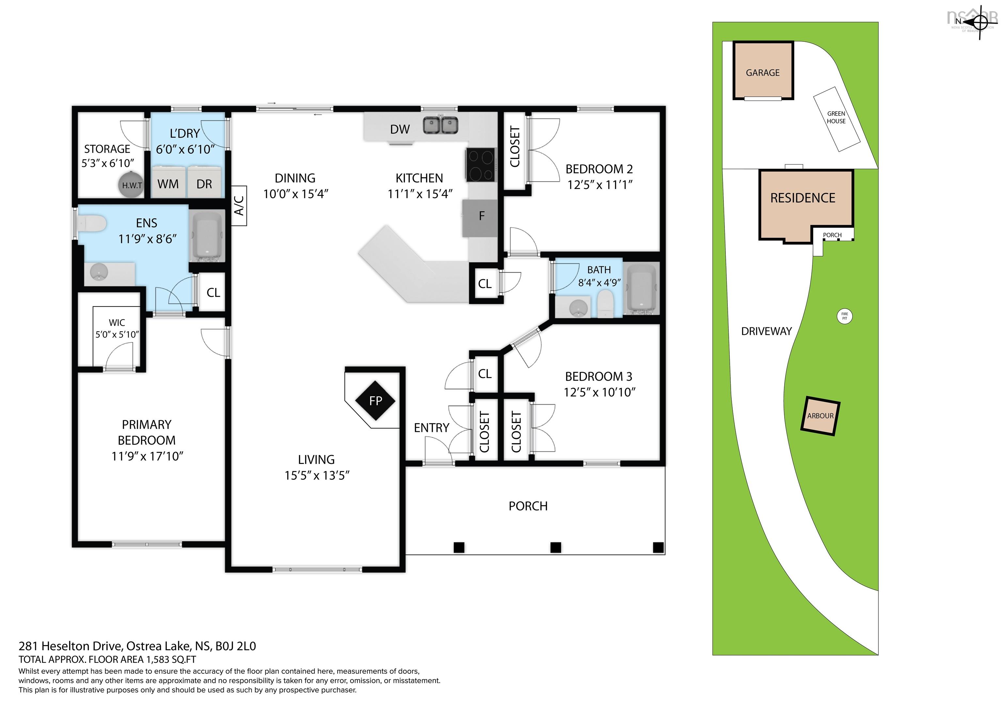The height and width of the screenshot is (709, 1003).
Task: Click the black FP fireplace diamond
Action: coord(375,400)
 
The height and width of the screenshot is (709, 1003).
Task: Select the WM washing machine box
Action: coord(168,183)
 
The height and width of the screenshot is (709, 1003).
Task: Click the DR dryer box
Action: coord(204,183)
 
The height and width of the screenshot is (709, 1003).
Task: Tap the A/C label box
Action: coord(239,206)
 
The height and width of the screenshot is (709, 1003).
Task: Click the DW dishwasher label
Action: coord(400,129)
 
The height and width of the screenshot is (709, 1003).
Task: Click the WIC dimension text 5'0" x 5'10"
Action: coord(117,335)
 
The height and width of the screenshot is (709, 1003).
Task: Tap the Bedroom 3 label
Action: coord(598,376)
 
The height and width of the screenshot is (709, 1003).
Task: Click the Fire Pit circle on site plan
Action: coord(844,316)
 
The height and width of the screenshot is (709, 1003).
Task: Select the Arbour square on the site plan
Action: coord(820,416)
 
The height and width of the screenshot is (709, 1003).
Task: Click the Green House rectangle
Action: coord(836,119)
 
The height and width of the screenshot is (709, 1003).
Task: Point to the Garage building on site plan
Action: coord(763,71)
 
